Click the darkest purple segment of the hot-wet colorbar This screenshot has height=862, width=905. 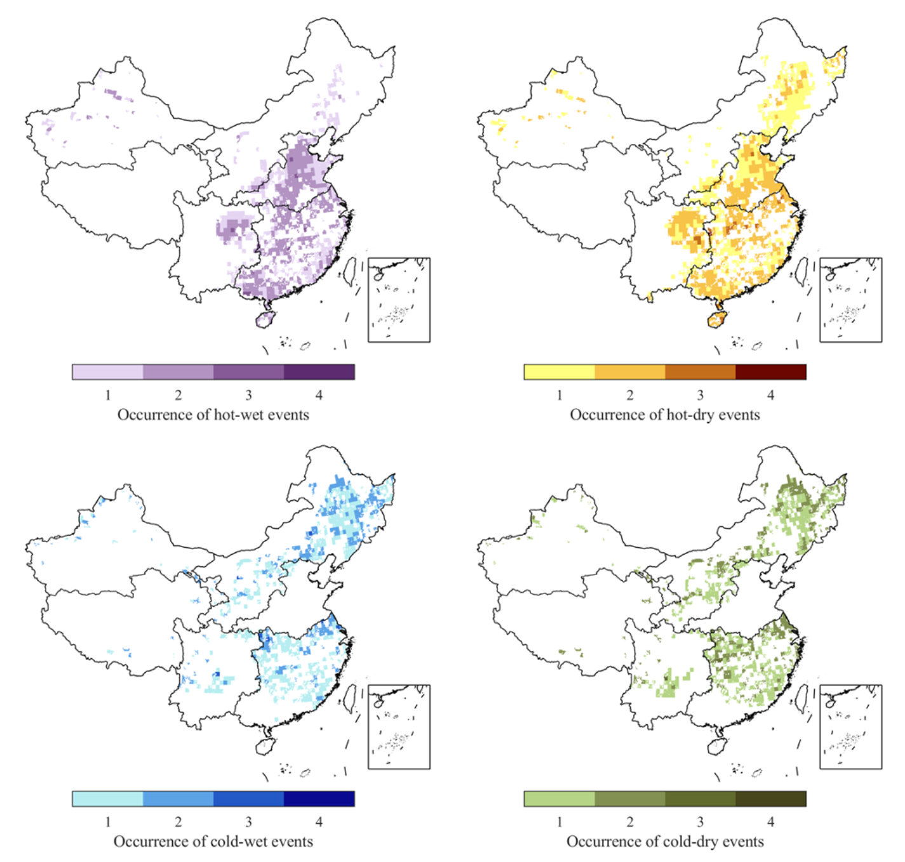point(319,372)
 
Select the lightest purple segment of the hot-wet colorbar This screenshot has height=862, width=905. point(107,372)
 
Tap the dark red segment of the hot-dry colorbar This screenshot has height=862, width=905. point(770,372)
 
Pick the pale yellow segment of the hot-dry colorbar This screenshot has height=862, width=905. point(559,372)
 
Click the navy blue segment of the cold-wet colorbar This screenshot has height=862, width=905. point(319,799)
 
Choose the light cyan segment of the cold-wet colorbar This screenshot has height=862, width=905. point(107,799)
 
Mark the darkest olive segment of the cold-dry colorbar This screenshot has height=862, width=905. point(770,799)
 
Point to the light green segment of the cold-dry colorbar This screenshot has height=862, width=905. point(559,799)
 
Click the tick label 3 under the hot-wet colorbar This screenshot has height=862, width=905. point(248,395)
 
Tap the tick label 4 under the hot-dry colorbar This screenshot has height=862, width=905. point(770,395)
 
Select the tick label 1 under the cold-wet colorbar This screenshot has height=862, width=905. point(107,822)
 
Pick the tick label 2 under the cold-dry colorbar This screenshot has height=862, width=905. point(629,822)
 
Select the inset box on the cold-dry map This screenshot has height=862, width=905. point(850,727)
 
